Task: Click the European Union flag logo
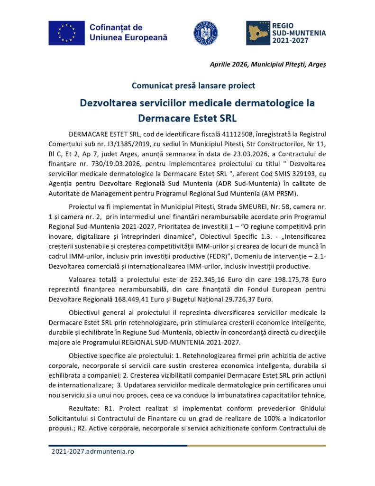click(x=66, y=33)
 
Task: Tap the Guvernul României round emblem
click(x=205, y=33)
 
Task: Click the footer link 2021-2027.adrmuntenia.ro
click(x=93, y=451)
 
